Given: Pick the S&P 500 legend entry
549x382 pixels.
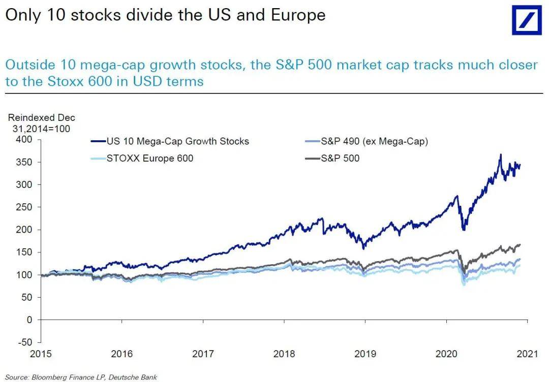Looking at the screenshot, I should click(340, 158).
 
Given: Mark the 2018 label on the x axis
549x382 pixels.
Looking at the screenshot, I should click(284, 354).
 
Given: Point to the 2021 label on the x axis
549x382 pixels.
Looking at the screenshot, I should click(527, 354).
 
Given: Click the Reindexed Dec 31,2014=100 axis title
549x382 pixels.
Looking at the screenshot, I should click(41, 123).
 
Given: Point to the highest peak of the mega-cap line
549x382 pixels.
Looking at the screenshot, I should click(501, 154).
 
